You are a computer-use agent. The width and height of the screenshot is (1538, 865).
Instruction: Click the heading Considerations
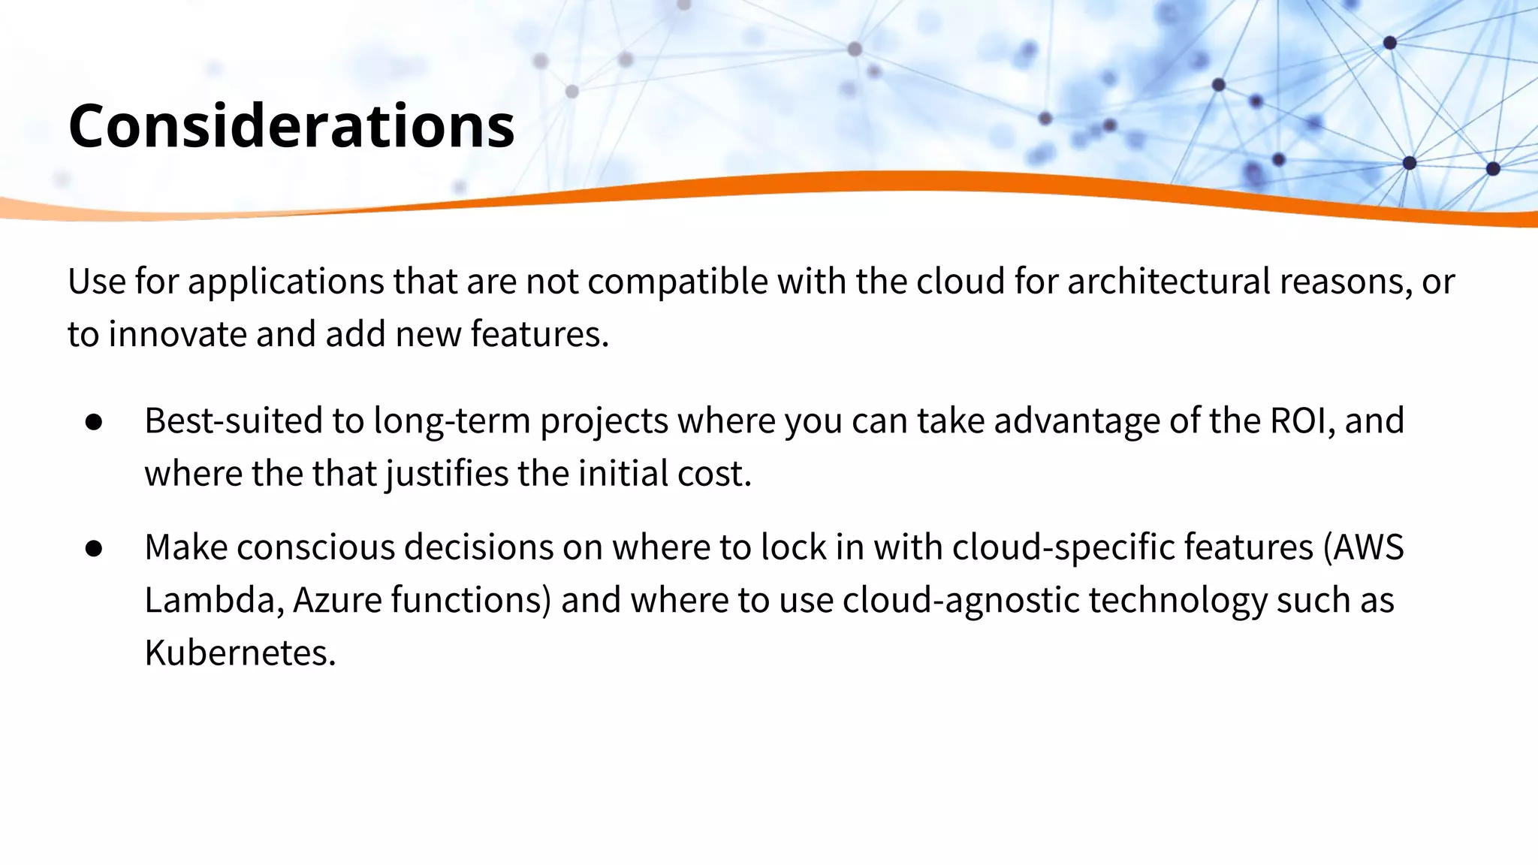[291, 125]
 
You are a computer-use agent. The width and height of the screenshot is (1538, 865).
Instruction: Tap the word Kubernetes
[240, 653]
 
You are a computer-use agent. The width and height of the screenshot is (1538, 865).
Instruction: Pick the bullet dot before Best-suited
[94, 422]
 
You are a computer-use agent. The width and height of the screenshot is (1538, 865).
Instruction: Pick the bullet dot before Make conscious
[94, 548]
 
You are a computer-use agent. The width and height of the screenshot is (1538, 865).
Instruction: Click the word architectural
[1169, 282]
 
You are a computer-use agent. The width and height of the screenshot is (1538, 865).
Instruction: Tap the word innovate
[177, 334]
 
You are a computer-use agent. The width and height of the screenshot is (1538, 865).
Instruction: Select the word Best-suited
[234, 420]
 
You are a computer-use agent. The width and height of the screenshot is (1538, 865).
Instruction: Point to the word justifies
[446, 474]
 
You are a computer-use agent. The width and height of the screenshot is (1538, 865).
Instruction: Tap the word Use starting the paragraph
[96, 282]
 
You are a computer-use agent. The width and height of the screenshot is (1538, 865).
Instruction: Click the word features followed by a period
[539, 334]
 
